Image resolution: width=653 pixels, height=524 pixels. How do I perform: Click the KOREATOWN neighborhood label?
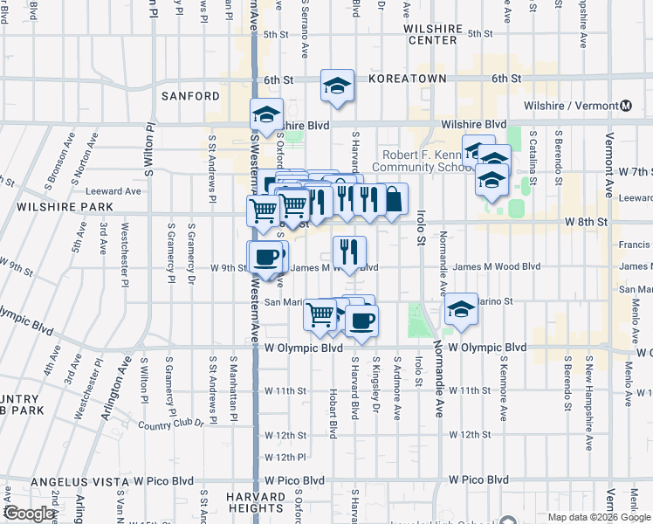[408, 79]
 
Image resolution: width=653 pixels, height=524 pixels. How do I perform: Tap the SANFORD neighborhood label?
[190, 95]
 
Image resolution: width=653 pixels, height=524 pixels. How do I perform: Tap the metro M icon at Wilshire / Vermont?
[626, 107]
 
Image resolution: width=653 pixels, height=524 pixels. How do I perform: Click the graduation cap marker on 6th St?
[337, 86]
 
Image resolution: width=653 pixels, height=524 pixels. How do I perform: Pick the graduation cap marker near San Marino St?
[461, 309]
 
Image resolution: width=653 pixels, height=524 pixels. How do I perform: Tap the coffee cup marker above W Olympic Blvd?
[361, 320]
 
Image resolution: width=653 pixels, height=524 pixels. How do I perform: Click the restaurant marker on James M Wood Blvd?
[350, 252]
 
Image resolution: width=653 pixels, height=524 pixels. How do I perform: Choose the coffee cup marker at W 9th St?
[266, 256]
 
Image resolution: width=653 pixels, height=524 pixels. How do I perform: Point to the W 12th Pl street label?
[285, 457]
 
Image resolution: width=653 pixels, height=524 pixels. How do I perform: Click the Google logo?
[30, 514]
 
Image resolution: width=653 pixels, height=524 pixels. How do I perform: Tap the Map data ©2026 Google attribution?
[598, 517]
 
